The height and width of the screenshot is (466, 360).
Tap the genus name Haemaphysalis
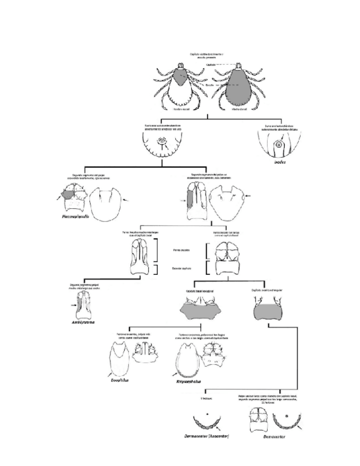[x=76, y=217]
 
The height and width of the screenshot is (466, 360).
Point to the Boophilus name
[x=120, y=379]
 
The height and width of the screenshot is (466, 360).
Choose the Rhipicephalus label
[x=189, y=380]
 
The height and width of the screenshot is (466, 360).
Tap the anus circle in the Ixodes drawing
[x=280, y=145]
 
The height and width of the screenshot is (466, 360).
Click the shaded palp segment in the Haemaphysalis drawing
[x=68, y=193]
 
